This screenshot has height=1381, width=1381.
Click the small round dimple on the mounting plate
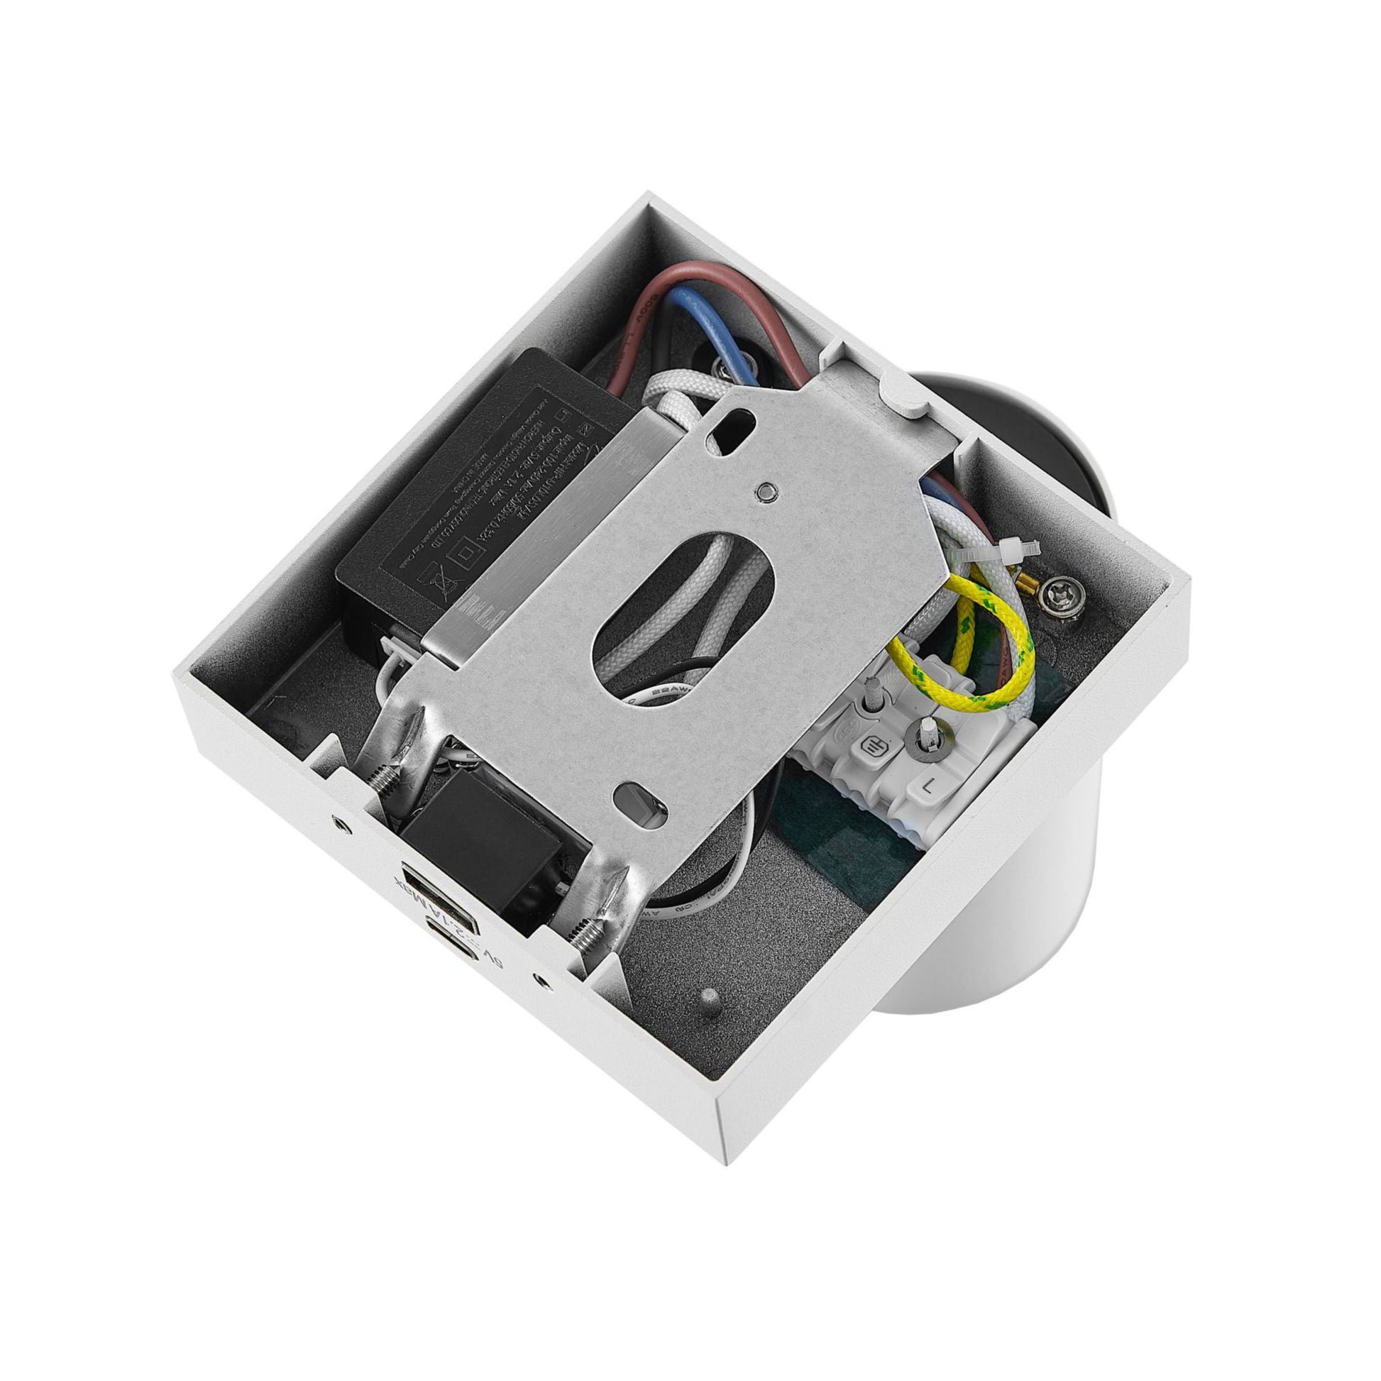click(x=766, y=491)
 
